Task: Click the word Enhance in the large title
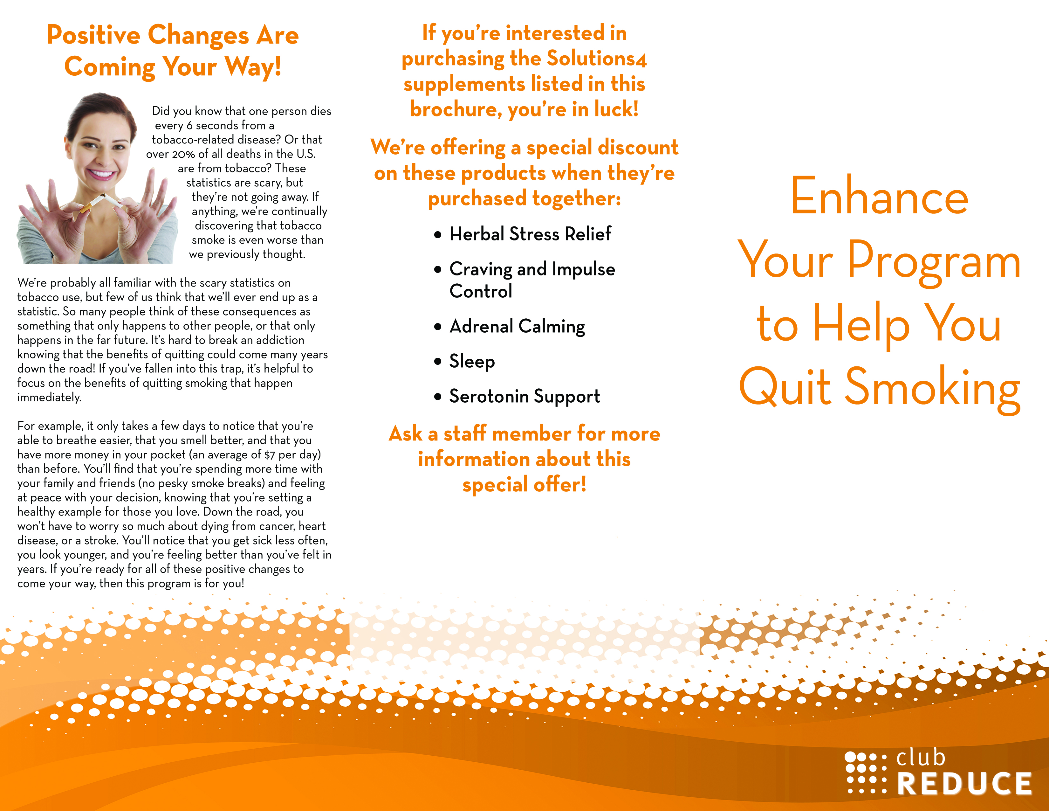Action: pos(879,196)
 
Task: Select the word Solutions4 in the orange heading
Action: pos(597,59)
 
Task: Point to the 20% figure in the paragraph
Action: pos(183,154)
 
